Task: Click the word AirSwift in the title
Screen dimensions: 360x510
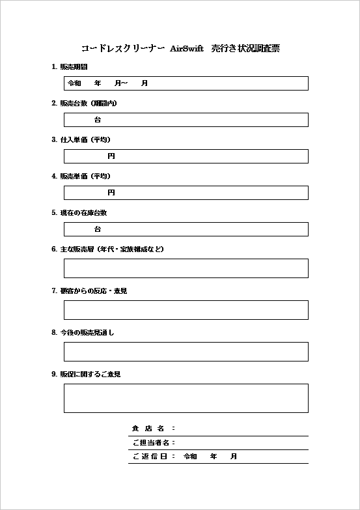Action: click(x=186, y=48)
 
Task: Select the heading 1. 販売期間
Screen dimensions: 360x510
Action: click(x=70, y=67)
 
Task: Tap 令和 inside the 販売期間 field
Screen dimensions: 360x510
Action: click(x=74, y=83)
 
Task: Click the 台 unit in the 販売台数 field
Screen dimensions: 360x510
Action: click(x=98, y=120)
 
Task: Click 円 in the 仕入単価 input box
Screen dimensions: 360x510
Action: click(x=111, y=156)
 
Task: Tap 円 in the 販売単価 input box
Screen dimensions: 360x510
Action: click(x=111, y=193)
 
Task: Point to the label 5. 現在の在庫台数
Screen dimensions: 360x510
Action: click(x=79, y=213)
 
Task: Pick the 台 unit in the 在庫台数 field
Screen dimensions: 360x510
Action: click(x=98, y=229)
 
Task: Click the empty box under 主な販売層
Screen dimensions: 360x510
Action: click(x=186, y=268)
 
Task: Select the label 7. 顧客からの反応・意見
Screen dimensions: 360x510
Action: click(x=89, y=291)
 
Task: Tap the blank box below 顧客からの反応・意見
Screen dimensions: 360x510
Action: click(x=186, y=310)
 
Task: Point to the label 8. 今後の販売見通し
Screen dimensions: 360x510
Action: click(x=83, y=333)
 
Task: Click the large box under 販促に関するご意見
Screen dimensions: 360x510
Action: click(x=186, y=398)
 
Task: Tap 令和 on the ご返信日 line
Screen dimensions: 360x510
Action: click(x=190, y=457)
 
